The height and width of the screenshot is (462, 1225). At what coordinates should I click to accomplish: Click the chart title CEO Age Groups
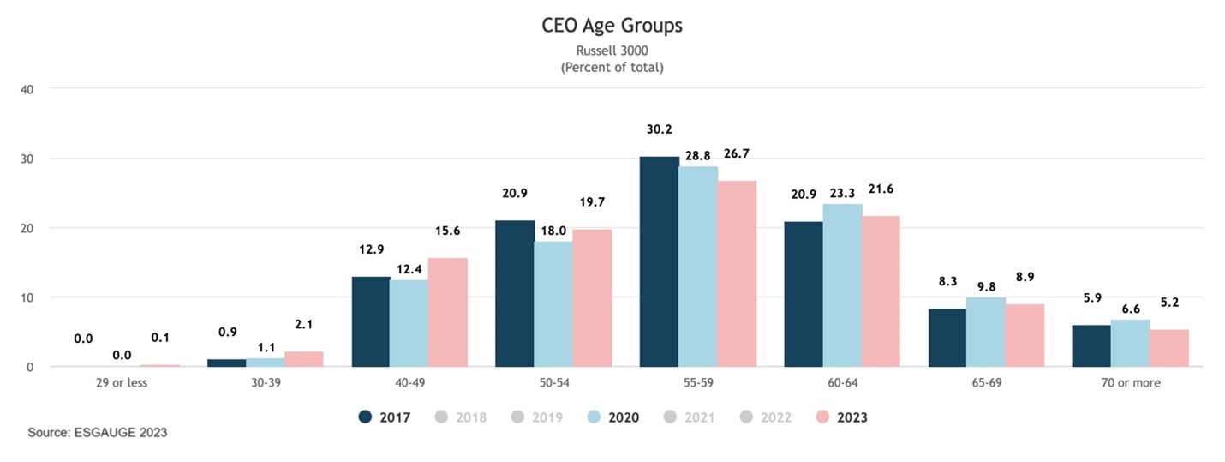click(x=612, y=26)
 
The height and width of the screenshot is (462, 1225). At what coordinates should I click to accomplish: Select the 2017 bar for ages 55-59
click(x=658, y=261)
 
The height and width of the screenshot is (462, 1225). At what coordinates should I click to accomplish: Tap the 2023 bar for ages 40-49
click(x=448, y=312)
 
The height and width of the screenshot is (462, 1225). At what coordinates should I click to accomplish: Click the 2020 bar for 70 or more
click(x=1130, y=344)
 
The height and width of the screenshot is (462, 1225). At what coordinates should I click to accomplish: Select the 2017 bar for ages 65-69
click(x=947, y=338)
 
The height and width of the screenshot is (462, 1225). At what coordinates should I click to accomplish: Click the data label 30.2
click(x=658, y=129)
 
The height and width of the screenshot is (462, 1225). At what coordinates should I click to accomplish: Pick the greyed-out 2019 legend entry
click(x=537, y=417)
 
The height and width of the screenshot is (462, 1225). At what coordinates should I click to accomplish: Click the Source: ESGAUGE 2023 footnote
click(x=97, y=433)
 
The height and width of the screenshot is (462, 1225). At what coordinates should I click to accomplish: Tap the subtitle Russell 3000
click(x=612, y=51)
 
